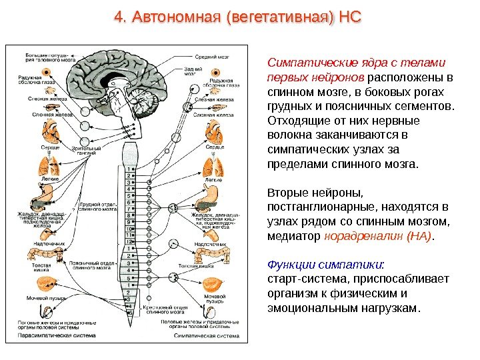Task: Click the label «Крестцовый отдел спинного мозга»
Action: [x=161, y=309]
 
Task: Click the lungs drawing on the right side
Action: [x=213, y=165]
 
